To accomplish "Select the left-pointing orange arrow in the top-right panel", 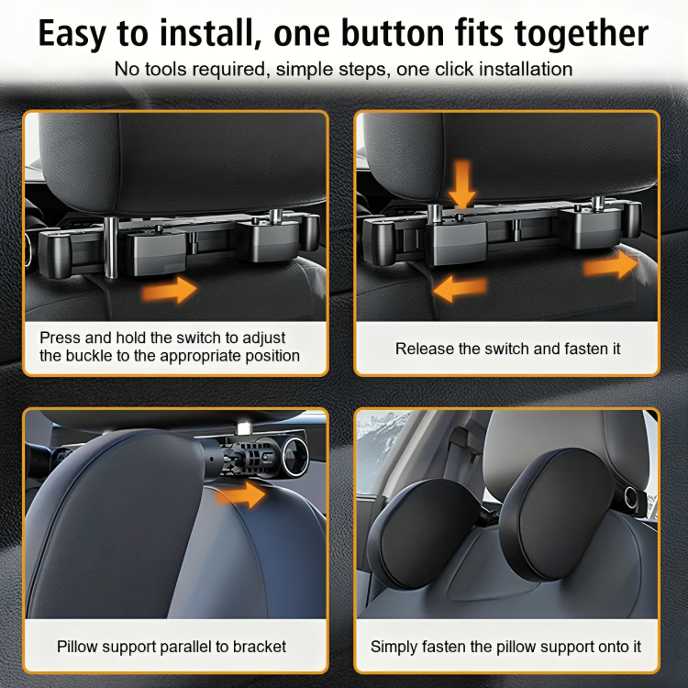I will [x=460, y=291].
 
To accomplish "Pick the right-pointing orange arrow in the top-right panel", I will [x=610, y=265].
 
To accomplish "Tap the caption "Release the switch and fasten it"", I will [x=507, y=349].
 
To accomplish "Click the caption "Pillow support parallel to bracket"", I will [x=172, y=646].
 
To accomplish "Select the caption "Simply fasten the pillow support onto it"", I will [x=505, y=646].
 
